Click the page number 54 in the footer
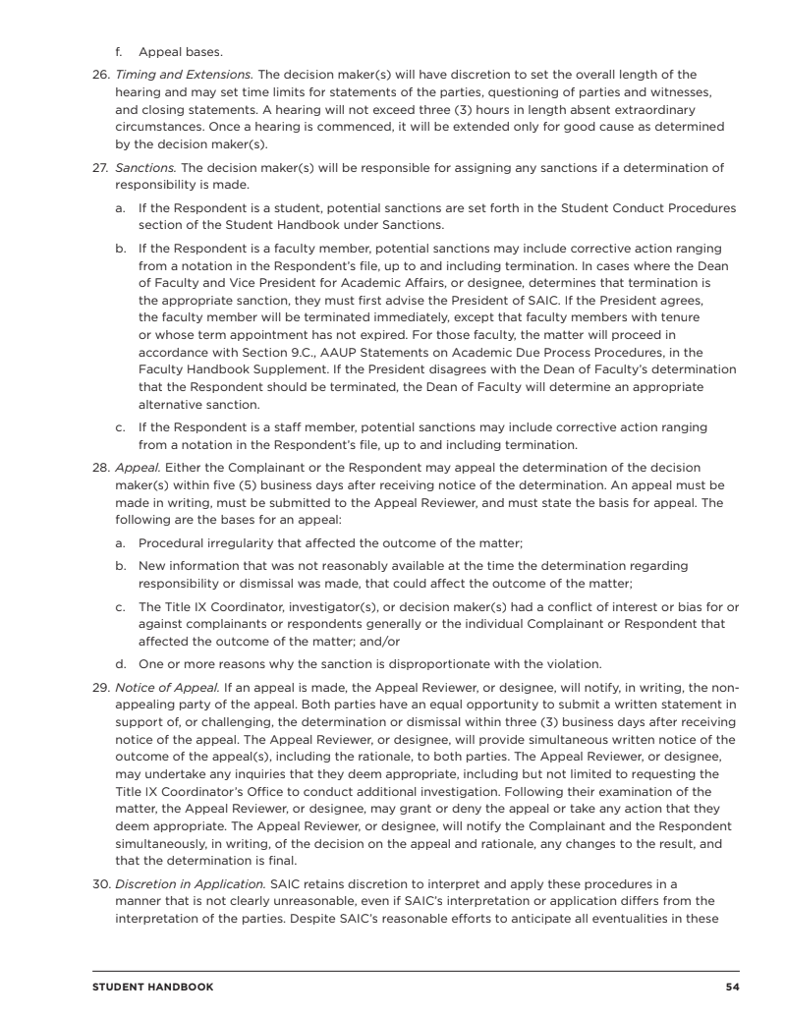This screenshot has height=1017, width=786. (732, 987)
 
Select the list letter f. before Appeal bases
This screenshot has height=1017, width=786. (121, 50)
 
